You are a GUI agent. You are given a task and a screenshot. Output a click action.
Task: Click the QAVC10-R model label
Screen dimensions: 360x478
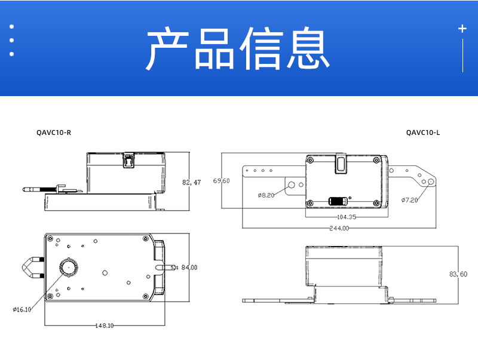[54, 133]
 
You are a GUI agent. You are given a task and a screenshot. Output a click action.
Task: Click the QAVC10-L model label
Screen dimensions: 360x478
[422, 133]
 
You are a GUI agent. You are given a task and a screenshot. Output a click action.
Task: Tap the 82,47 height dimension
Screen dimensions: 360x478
[191, 182]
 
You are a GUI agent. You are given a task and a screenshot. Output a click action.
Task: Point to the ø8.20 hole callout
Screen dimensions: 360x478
[266, 195]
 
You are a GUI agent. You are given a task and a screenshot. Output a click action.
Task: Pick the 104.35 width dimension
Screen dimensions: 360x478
[347, 217]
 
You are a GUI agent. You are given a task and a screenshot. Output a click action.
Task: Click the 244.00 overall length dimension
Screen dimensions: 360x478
[339, 228]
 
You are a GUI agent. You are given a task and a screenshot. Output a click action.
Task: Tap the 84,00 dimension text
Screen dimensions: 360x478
[189, 267]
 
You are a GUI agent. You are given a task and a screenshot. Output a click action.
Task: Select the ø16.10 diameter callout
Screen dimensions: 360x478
[22, 309]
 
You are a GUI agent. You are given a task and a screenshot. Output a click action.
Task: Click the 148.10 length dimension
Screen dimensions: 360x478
[105, 325]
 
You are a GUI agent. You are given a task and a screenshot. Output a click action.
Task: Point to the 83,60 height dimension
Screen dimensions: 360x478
[458, 274]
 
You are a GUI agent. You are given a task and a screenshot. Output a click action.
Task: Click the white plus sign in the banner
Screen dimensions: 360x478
[462, 28]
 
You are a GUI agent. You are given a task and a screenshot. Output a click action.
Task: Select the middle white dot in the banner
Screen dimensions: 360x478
[11, 41]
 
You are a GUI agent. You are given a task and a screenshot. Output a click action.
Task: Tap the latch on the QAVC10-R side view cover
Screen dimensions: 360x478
[127, 160]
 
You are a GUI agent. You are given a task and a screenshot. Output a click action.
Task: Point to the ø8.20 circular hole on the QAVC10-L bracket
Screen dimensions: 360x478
[292, 186]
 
